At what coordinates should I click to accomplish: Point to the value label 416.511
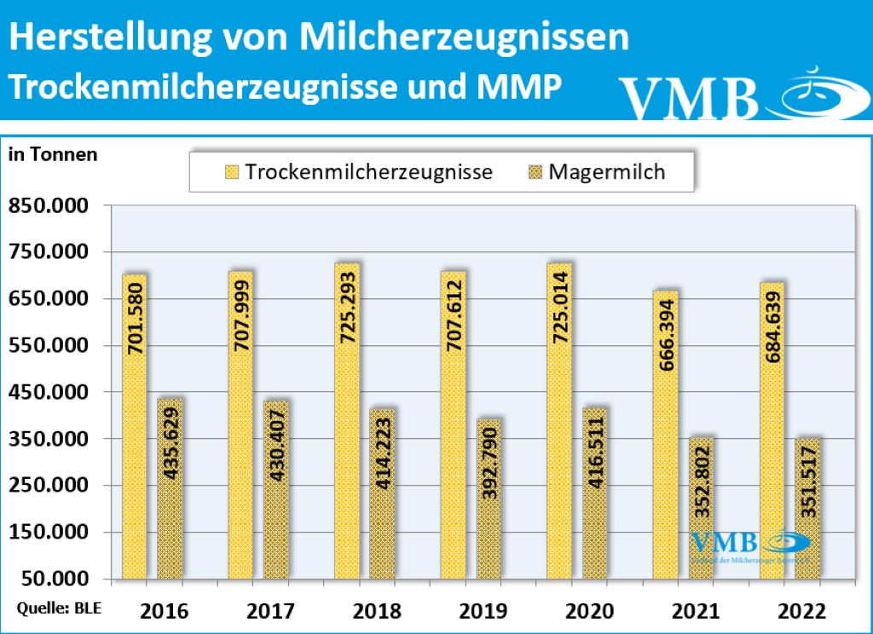click(x=595, y=451)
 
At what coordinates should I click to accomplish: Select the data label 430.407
click(x=276, y=449)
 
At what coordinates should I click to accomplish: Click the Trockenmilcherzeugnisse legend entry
click(x=358, y=171)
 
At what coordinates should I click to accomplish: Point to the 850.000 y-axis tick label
click(x=49, y=205)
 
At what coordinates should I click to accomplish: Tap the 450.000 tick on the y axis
click(x=49, y=392)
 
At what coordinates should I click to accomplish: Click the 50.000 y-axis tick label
click(x=55, y=579)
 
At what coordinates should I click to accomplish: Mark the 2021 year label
click(x=696, y=611)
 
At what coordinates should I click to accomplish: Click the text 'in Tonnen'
click(x=52, y=154)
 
